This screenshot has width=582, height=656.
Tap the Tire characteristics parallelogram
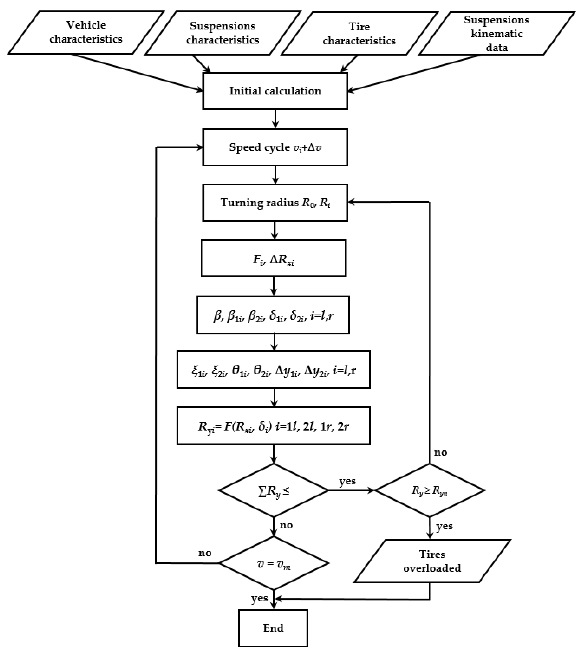click(359, 33)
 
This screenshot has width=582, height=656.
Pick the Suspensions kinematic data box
click(497, 33)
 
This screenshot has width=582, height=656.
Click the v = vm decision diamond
click(274, 563)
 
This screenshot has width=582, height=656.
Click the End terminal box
click(273, 628)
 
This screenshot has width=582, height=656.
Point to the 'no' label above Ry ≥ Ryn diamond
click(440, 453)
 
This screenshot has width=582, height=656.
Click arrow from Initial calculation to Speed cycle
click(275, 119)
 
